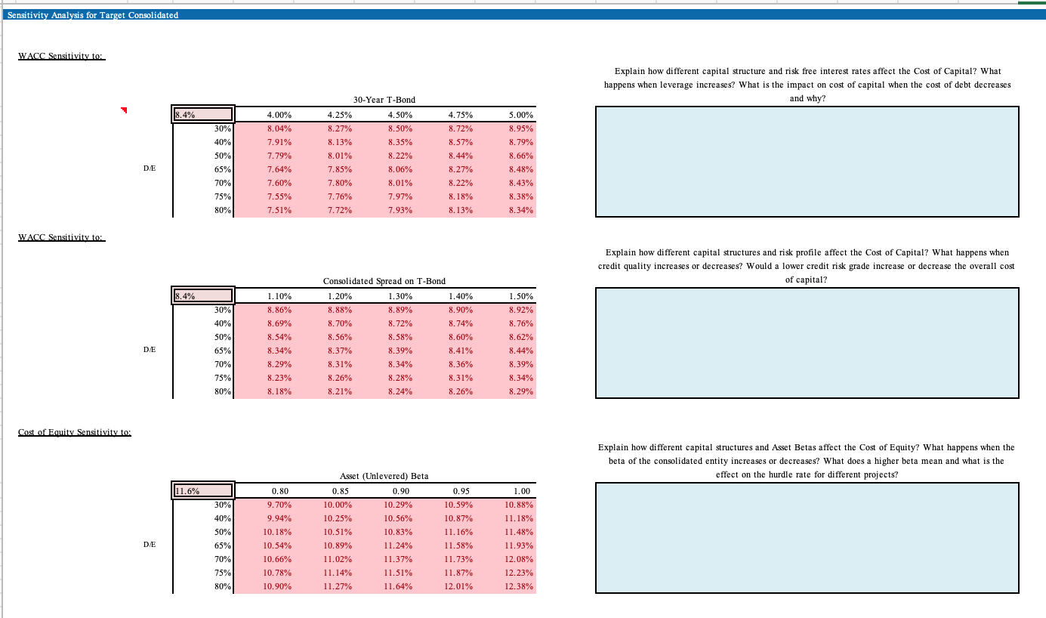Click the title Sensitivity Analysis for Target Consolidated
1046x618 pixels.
point(92,15)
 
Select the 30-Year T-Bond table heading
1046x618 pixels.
point(384,100)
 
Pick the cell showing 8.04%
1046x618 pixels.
point(280,128)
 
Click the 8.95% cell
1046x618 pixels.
point(520,128)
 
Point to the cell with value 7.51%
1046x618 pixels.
point(280,210)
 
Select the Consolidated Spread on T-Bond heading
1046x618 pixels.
point(384,281)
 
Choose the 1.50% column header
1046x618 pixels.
point(520,296)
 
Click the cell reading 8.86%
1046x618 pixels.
point(280,310)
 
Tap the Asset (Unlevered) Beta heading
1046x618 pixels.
point(384,476)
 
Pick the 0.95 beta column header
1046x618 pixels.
point(460,491)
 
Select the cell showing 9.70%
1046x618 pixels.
point(280,505)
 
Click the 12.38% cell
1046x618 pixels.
point(520,586)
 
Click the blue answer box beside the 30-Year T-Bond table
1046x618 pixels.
point(807,162)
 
